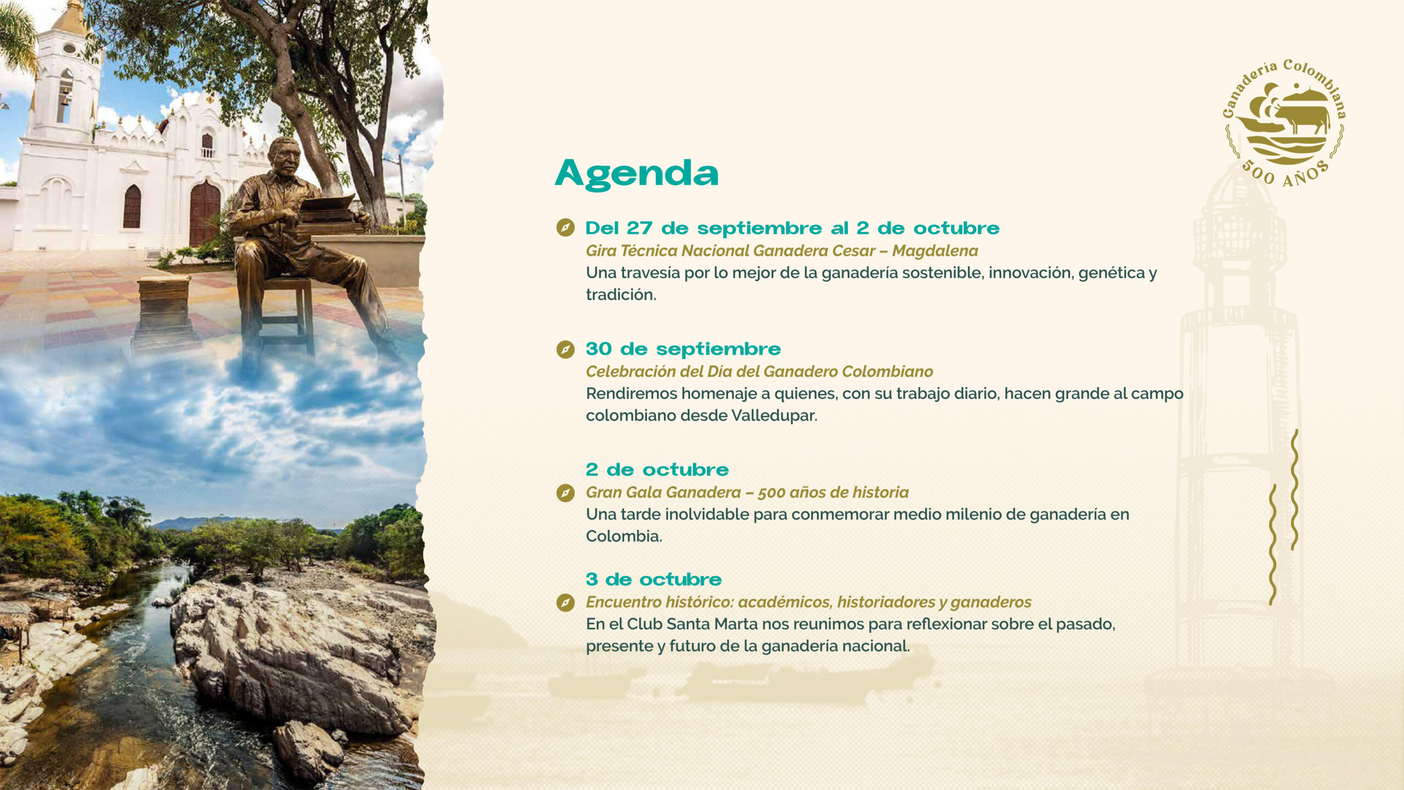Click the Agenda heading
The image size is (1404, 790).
636,174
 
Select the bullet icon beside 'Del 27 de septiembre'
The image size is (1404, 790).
565,228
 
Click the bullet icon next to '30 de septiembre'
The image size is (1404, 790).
565,349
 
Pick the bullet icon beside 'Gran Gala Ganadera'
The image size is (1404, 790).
565,493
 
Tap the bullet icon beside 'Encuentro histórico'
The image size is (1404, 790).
565,603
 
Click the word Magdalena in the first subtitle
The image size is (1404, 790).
935,251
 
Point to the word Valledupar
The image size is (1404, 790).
774,415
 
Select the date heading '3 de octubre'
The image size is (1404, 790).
653,579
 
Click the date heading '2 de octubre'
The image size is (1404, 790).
657,470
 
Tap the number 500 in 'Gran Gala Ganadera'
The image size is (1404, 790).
771,493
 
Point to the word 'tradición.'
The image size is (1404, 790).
621,295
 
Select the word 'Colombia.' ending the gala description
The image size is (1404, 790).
624,536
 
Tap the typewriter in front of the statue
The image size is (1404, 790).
329,208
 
